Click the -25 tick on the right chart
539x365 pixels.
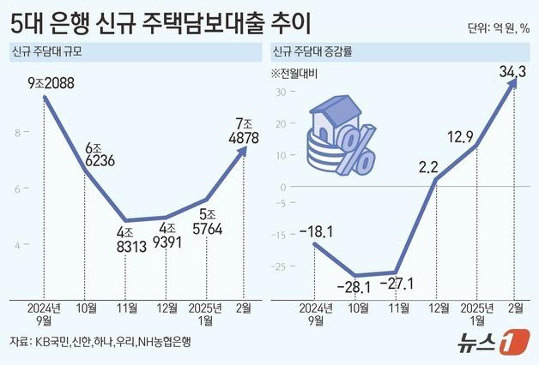point(276,266)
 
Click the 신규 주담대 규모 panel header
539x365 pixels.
point(51,52)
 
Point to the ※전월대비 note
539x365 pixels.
point(294,71)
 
